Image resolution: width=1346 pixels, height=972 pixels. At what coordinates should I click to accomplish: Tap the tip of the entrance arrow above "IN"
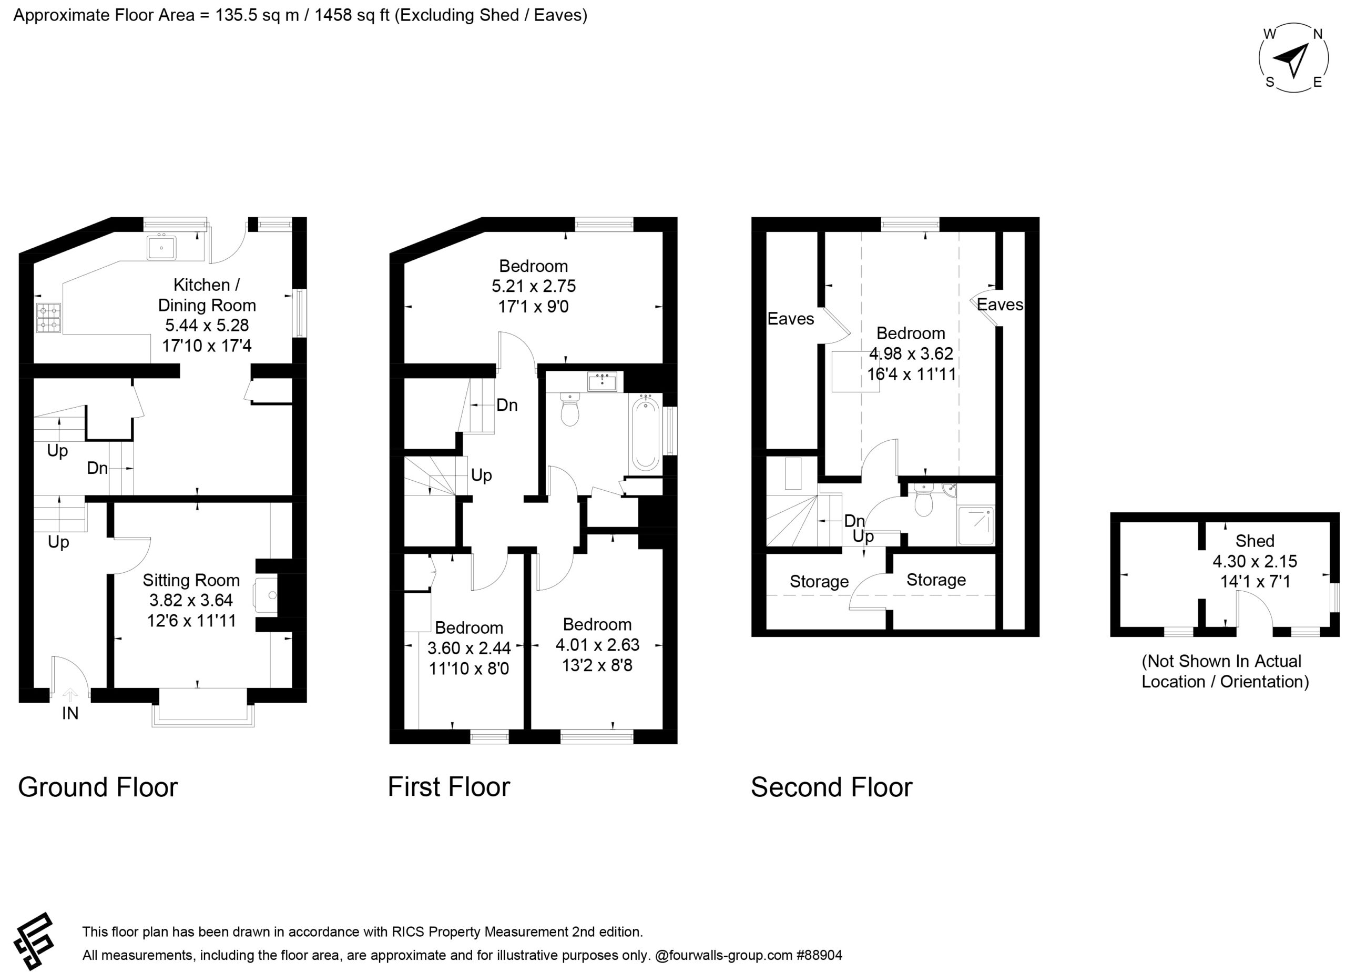(70, 688)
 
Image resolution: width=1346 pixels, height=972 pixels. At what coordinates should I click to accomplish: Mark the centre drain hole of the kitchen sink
(161, 248)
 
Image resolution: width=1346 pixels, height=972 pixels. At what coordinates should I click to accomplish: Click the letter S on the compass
(1269, 82)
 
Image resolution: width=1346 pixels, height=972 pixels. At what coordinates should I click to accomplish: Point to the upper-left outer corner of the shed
(1110, 513)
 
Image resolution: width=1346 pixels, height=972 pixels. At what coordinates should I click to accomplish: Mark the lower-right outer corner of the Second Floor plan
(1039, 636)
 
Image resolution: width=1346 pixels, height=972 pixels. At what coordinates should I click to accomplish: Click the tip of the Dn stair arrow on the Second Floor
(819, 521)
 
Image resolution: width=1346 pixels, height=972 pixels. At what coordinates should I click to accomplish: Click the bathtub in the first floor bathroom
(645, 434)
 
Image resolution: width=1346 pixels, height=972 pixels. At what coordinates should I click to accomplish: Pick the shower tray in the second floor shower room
(976, 525)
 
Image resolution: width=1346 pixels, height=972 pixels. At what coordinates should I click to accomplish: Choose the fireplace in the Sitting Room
(266, 595)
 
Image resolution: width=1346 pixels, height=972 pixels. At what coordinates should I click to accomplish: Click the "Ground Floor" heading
(98, 787)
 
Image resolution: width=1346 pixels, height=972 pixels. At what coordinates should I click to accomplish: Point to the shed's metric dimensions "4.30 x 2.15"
(1255, 561)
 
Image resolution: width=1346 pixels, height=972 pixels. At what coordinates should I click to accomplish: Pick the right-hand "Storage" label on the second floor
(936, 580)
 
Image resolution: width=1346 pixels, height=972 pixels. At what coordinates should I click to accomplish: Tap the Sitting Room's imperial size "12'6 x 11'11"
(192, 621)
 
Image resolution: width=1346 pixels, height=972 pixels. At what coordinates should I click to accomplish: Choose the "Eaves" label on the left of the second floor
(790, 319)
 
